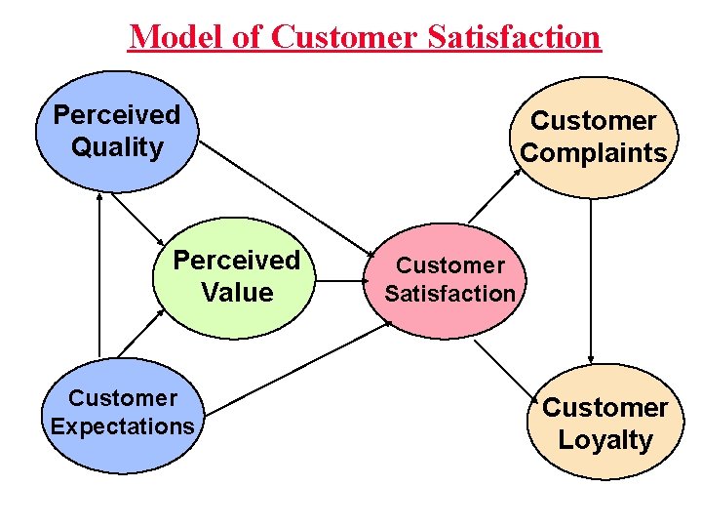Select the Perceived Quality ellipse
[117, 131]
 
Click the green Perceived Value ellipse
[236, 277]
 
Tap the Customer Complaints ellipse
[593, 137]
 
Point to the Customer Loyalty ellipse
[604, 423]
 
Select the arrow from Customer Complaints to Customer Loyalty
[591, 283]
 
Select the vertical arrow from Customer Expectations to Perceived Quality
[98, 273]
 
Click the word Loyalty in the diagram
[604, 440]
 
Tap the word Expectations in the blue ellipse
[122, 426]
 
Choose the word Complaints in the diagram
[593, 153]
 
